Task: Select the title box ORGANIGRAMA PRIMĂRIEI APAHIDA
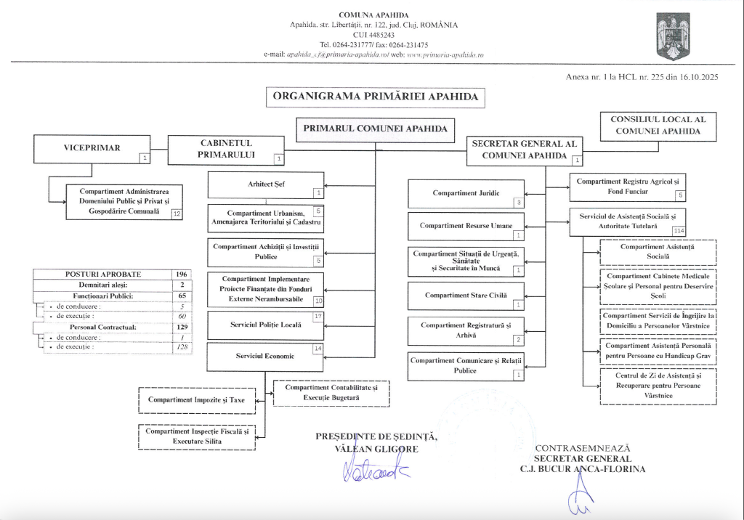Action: coord(375,96)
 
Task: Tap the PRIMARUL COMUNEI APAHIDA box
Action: coord(374,129)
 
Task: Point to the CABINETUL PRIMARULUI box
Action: coord(227,149)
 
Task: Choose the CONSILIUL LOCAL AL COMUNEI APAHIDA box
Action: coord(658,126)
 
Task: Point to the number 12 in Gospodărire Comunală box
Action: coord(176,213)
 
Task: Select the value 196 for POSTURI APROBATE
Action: coord(182,275)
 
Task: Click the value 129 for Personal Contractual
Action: coord(182,328)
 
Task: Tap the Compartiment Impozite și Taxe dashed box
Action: coord(197,400)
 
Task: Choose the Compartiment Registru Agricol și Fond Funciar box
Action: coord(627,187)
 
